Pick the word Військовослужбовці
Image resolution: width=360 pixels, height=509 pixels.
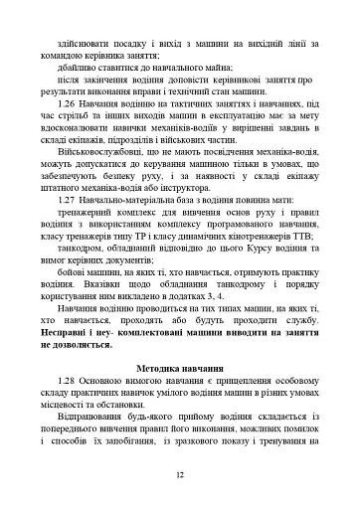[x=108, y=178]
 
